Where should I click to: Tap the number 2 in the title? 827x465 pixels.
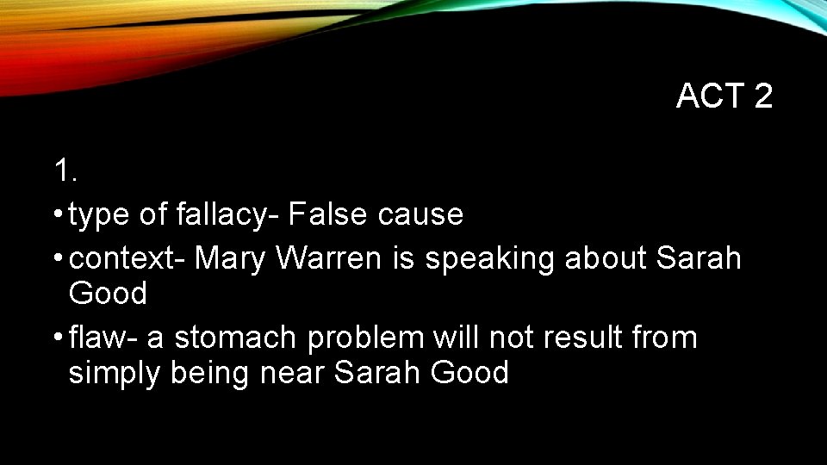pos(762,96)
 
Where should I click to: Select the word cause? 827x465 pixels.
pos(420,214)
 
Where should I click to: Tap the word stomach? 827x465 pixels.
pos(236,338)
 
